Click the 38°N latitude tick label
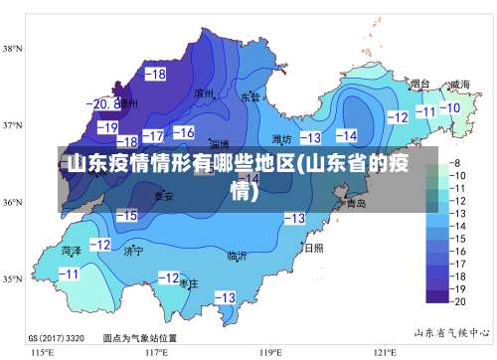(13, 48)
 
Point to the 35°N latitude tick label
(13, 279)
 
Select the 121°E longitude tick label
(386, 352)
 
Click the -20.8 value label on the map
(102, 103)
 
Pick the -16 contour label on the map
(183, 132)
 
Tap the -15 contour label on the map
(126, 215)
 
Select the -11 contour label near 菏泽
(69, 273)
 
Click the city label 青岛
(355, 203)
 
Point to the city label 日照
(313, 248)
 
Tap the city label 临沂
(237, 256)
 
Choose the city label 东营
(249, 97)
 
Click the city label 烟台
(420, 85)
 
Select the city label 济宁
(133, 252)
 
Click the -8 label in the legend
(458, 162)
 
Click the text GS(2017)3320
(56, 337)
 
